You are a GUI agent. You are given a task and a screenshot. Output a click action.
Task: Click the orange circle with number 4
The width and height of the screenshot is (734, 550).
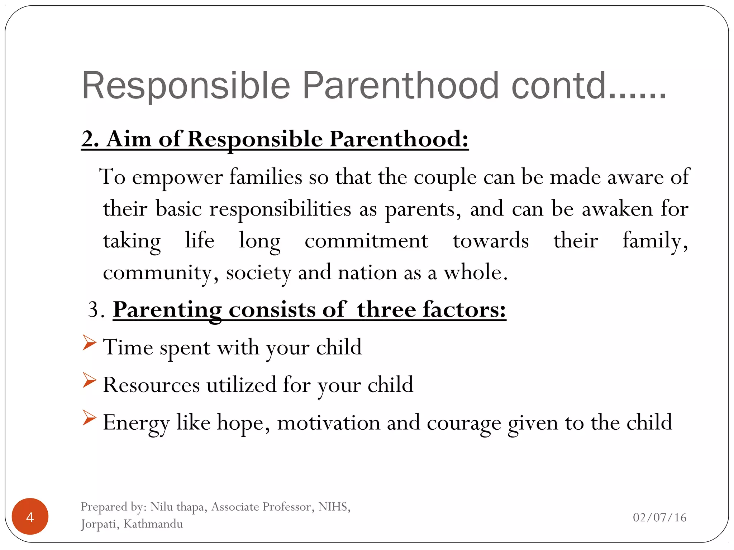click(x=30, y=516)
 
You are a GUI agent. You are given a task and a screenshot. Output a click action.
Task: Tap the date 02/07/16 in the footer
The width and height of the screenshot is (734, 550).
click(x=659, y=517)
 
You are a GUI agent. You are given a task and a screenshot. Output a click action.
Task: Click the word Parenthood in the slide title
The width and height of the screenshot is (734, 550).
click(x=401, y=86)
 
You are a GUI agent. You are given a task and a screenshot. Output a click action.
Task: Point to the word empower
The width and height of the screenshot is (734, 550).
click(x=177, y=177)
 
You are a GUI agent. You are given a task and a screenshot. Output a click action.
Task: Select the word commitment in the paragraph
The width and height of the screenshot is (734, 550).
click(x=366, y=241)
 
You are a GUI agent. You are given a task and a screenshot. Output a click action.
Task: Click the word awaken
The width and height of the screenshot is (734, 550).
click(x=617, y=209)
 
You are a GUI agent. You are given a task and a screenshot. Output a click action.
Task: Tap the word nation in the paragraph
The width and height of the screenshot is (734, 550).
click(x=367, y=273)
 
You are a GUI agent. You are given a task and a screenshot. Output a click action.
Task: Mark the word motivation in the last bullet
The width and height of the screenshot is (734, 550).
click(x=328, y=423)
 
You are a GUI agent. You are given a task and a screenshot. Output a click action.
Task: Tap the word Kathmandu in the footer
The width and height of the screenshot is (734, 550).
click(x=153, y=524)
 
